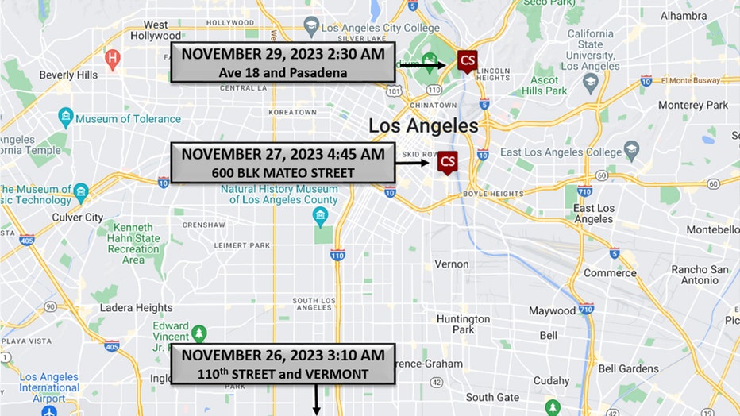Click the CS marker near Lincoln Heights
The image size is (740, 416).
468,60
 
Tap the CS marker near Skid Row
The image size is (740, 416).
448,162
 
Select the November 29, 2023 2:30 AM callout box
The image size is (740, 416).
283,63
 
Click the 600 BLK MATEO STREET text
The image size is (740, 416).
283,172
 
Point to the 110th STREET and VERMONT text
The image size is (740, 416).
283,372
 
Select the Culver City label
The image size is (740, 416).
78,217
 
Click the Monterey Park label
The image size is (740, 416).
693,105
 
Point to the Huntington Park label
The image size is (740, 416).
463,324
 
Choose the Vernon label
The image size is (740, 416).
451,264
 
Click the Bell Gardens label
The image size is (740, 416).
628,368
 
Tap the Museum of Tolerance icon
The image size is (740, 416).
66,119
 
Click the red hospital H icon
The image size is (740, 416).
113,58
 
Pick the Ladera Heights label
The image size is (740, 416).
137,307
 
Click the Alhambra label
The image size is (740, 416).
683,15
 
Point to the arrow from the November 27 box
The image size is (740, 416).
412,163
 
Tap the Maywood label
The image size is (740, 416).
552,310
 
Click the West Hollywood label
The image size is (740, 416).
156,30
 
